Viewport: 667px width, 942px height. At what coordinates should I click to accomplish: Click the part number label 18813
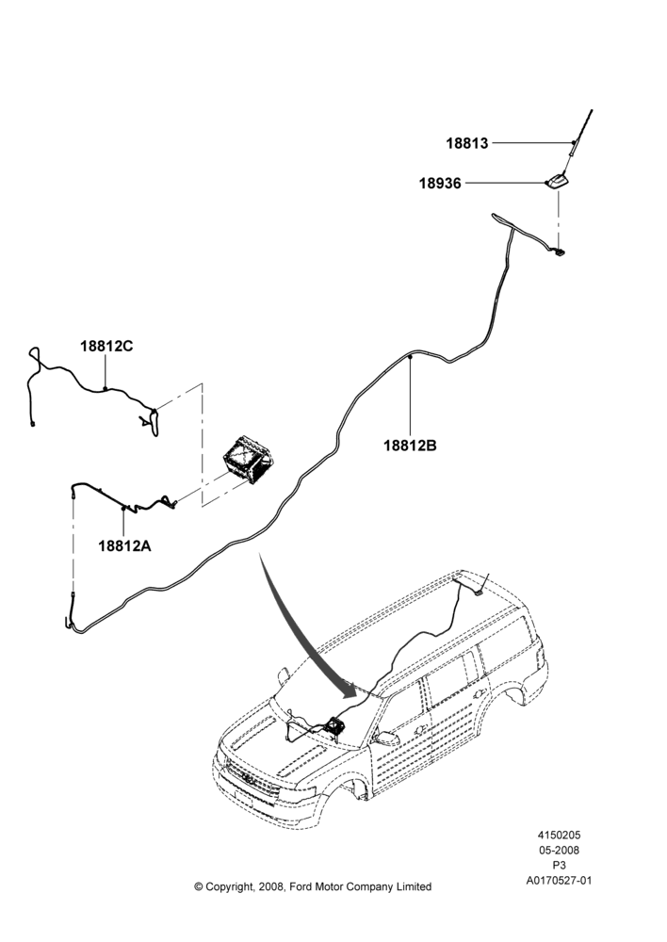467,143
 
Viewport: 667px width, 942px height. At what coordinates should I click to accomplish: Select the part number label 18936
441,184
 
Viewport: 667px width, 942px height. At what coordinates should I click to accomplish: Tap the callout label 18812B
411,446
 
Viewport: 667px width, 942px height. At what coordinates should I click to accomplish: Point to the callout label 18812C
107,346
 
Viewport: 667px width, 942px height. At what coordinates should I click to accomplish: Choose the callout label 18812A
125,545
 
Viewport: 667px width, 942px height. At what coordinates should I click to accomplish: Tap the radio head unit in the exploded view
248,460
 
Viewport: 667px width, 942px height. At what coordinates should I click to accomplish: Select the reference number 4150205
559,835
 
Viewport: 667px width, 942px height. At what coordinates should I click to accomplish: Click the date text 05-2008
559,850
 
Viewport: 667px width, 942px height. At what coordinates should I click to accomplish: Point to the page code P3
559,866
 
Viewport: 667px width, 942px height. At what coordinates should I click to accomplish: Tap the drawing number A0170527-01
559,881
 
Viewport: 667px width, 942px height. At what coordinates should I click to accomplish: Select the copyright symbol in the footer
198,886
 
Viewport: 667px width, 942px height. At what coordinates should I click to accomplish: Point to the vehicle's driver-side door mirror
385,739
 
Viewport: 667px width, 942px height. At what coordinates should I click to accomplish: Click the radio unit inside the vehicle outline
334,726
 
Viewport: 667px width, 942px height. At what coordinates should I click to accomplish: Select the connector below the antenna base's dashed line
560,252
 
